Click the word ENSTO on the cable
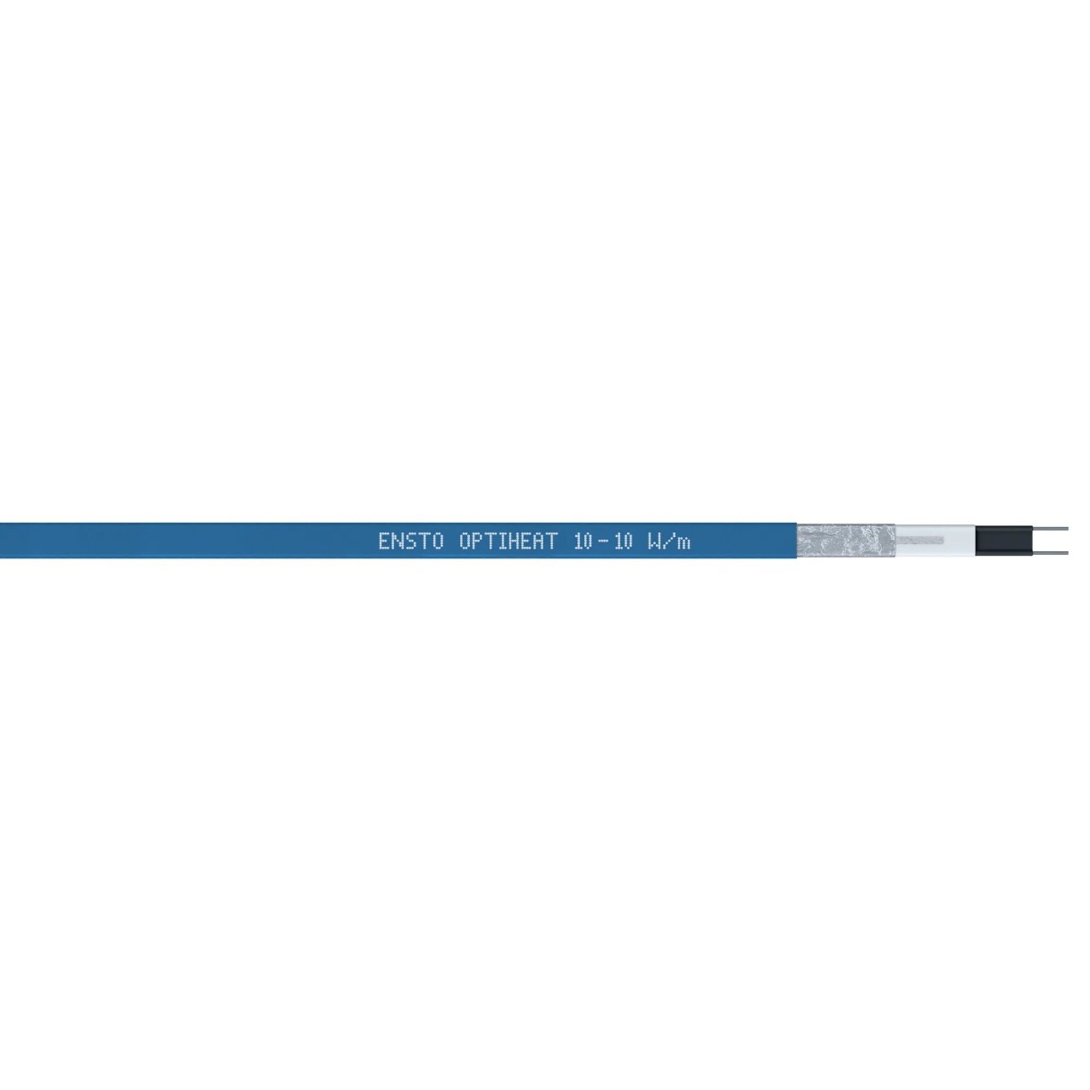411,541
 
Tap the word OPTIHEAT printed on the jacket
508,541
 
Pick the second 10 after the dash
622,541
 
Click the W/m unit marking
669,541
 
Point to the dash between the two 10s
604,542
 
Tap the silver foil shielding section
846,541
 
